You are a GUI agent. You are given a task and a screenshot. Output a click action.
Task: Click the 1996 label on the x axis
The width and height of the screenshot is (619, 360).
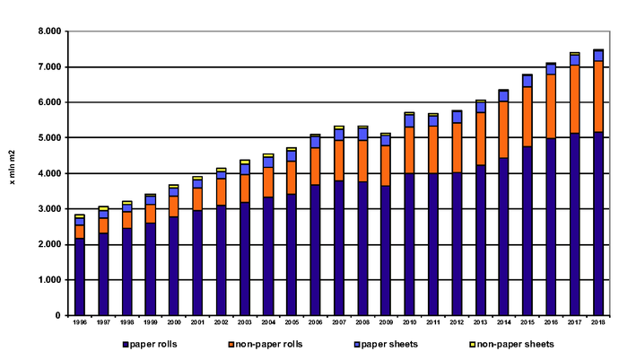point(80,321)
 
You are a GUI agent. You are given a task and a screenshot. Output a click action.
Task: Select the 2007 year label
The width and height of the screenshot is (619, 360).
point(338,321)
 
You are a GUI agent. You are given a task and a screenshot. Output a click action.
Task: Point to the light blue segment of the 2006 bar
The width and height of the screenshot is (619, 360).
point(315,142)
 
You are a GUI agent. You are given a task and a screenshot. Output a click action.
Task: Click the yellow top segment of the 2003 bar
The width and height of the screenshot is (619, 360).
point(244,162)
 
